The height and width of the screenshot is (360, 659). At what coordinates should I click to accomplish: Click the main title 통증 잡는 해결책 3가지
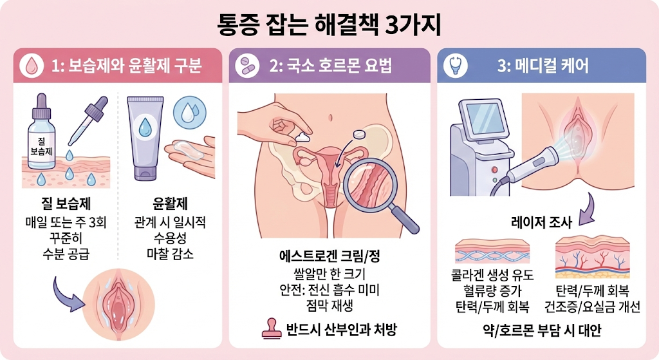pyautogui.click(x=329, y=26)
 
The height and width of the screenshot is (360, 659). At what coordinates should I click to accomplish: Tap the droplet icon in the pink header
pyautogui.click(x=32, y=66)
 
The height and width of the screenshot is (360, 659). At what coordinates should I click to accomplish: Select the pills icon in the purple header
pyautogui.click(x=247, y=66)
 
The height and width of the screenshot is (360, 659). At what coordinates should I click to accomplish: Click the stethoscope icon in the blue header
pyautogui.click(x=455, y=66)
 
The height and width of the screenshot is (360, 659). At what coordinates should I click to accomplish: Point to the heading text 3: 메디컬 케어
pyautogui.click(x=543, y=66)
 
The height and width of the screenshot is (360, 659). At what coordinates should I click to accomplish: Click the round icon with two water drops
pyautogui.click(x=190, y=112)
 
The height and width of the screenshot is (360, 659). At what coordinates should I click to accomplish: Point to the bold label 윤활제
pyautogui.click(x=170, y=204)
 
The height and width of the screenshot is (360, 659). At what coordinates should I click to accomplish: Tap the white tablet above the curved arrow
pyautogui.click(x=359, y=134)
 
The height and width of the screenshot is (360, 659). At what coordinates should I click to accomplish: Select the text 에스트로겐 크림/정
pyautogui.click(x=329, y=256)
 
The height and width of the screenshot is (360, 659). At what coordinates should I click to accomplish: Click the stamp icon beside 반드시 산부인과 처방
pyautogui.click(x=272, y=328)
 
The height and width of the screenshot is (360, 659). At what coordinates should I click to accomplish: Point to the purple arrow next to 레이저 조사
pyautogui.click(x=587, y=209)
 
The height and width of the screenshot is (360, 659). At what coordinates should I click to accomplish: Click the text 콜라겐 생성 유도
pyautogui.click(x=492, y=276)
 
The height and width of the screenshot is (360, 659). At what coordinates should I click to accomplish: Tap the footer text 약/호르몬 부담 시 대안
pyautogui.click(x=542, y=330)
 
